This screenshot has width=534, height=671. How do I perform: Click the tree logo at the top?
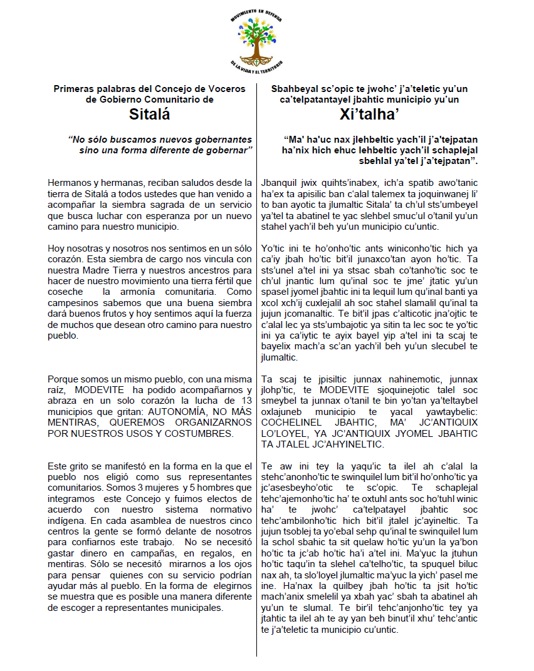256,41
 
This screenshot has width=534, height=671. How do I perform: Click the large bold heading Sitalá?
150,115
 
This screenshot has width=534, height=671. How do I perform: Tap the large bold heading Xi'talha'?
369,115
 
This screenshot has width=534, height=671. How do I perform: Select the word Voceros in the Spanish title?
225,90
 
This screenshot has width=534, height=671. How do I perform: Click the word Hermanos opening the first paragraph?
68,183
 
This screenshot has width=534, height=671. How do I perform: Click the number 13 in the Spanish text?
246,401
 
